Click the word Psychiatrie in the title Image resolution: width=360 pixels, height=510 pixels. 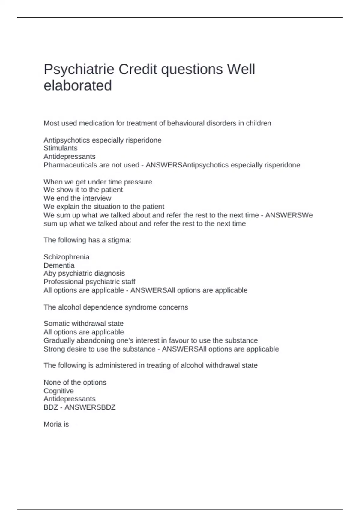[x=79, y=70]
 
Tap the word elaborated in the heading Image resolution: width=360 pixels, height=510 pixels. [x=78, y=86]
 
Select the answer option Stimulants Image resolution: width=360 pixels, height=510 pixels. [x=60, y=148]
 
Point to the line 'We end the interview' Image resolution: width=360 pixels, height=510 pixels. [x=77, y=198]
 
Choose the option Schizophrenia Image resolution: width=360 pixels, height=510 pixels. [x=66, y=257]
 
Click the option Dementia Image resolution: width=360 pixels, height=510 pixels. [x=59, y=265]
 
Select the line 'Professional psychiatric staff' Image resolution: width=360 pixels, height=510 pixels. [x=89, y=282]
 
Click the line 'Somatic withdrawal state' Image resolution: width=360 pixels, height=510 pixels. [x=83, y=324]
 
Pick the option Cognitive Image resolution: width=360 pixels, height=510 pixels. [x=58, y=391]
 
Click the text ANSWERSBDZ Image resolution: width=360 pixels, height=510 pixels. [x=90, y=407]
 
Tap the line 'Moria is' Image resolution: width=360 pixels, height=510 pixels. [x=56, y=424]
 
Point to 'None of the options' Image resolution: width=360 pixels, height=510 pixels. [x=75, y=382]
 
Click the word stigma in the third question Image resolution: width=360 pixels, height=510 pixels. [x=119, y=240]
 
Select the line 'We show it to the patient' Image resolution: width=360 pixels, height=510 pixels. [x=83, y=190]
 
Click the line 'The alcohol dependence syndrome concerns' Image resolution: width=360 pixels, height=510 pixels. [x=116, y=307]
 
